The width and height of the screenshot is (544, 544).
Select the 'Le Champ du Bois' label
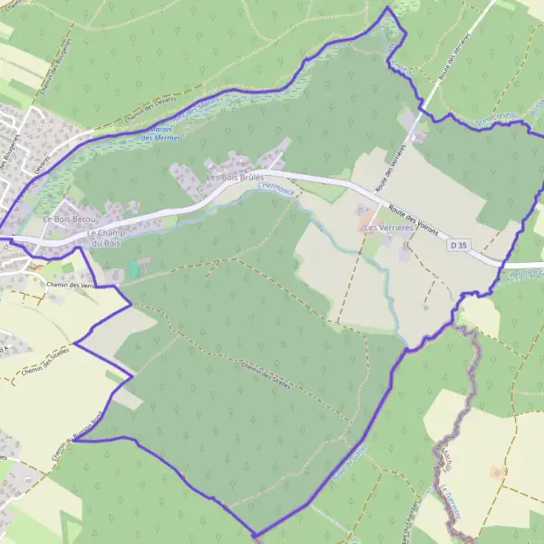point(105,238)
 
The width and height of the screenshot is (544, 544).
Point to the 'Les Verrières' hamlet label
point(383,227)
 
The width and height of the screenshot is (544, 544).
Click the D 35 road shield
point(461,245)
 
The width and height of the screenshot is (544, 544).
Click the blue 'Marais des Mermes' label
point(163,134)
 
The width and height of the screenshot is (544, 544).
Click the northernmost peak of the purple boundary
point(389,8)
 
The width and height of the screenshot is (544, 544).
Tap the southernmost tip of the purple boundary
point(255,535)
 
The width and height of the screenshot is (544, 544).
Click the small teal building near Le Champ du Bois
point(134,268)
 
